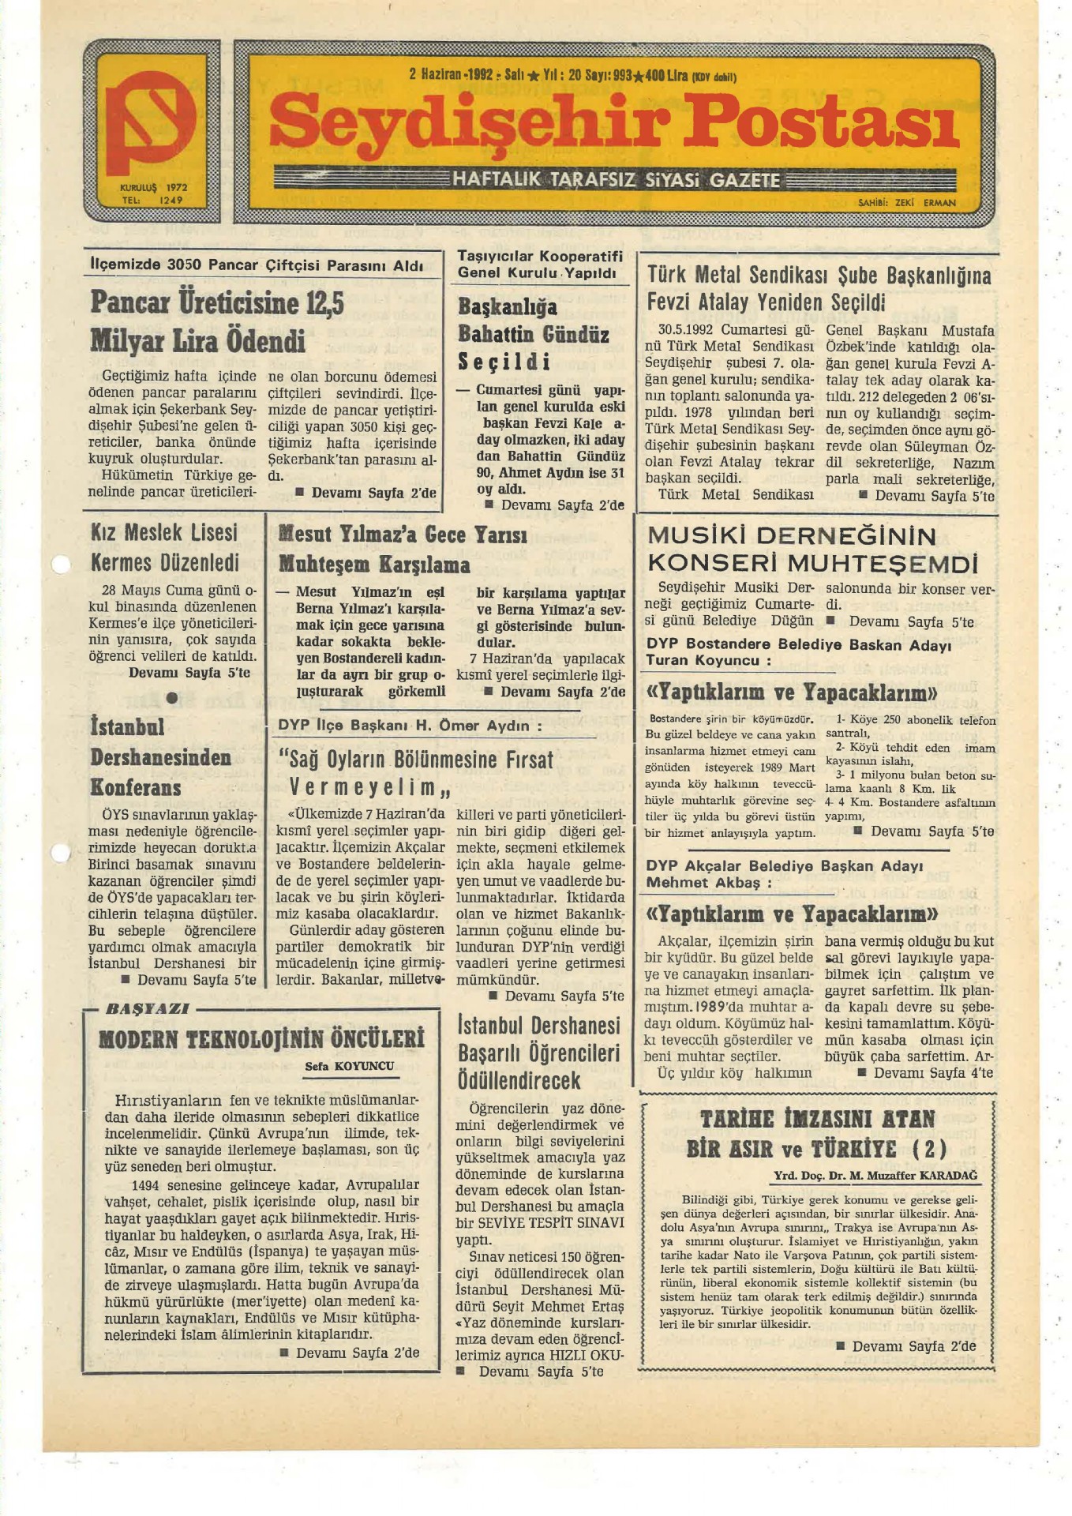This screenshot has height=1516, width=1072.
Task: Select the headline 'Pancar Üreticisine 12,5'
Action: tap(217, 302)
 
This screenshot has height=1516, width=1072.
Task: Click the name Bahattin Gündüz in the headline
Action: tap(534, 335)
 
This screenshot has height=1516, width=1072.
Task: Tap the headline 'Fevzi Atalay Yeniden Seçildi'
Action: tap(766, 302)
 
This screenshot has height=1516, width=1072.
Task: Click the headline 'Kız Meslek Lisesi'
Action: tap(164, 533)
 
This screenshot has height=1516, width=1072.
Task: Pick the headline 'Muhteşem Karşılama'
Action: tap(374, 565)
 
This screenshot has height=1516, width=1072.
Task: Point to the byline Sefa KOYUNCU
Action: tap(349, 1066)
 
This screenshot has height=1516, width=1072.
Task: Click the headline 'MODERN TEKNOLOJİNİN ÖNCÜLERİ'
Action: tap(261, 1039)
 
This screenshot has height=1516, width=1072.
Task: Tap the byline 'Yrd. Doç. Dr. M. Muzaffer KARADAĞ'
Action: tap(875, 1176)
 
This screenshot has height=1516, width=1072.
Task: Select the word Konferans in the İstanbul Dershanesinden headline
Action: tap(136, 788)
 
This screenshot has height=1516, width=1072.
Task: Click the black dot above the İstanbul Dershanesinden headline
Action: tap(172, 698)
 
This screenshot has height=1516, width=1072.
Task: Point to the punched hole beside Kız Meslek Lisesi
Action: tap(60, 565)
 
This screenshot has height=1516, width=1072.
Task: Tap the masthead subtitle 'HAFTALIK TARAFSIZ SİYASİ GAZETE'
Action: tap(616, 180)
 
